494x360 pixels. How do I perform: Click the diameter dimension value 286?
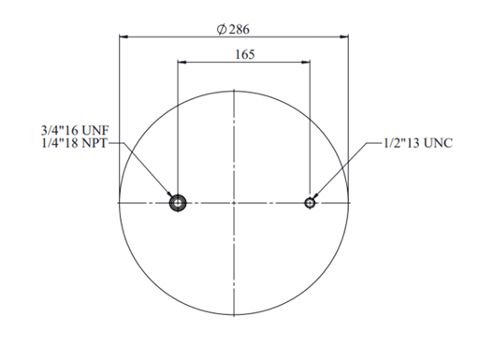click(240, 29)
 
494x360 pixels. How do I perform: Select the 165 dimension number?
click(245, 54)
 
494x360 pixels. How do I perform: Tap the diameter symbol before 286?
click(222, 29)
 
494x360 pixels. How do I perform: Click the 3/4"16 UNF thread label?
click(75, 130)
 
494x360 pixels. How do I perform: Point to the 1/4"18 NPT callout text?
click(74, 143)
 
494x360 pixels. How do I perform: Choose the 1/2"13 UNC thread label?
click(418, 143)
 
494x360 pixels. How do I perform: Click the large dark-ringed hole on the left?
click(178, 203)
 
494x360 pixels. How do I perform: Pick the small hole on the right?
click(310, 203)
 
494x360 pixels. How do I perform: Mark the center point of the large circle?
click(234, 203)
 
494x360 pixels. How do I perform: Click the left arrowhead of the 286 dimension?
click(123, 36)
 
